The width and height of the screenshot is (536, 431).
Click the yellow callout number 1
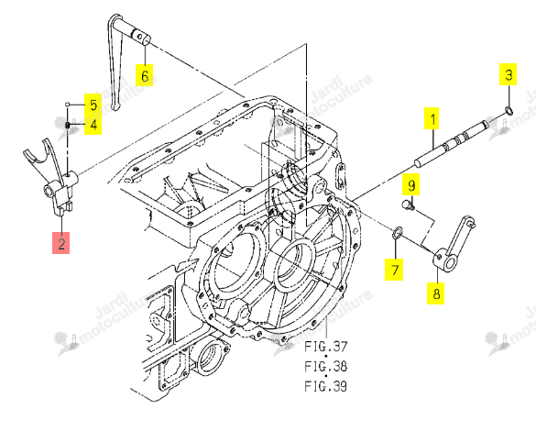(x=432, y=118)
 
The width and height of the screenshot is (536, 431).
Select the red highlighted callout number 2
(x=60, y=243)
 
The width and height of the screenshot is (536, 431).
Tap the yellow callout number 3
(x=508, y=74)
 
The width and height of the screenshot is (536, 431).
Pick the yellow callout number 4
(x=93, y=124)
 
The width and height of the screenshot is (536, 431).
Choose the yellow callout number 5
(x=93, y=104)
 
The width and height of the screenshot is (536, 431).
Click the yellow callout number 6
(x=144, y=75)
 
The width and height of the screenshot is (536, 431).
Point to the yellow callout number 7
(x=394, y=270)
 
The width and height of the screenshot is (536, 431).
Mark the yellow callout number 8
(x=435, y=293)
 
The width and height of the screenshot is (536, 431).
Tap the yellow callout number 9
(x=411, y=184)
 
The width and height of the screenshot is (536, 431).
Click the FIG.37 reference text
(x=326, y=347)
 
